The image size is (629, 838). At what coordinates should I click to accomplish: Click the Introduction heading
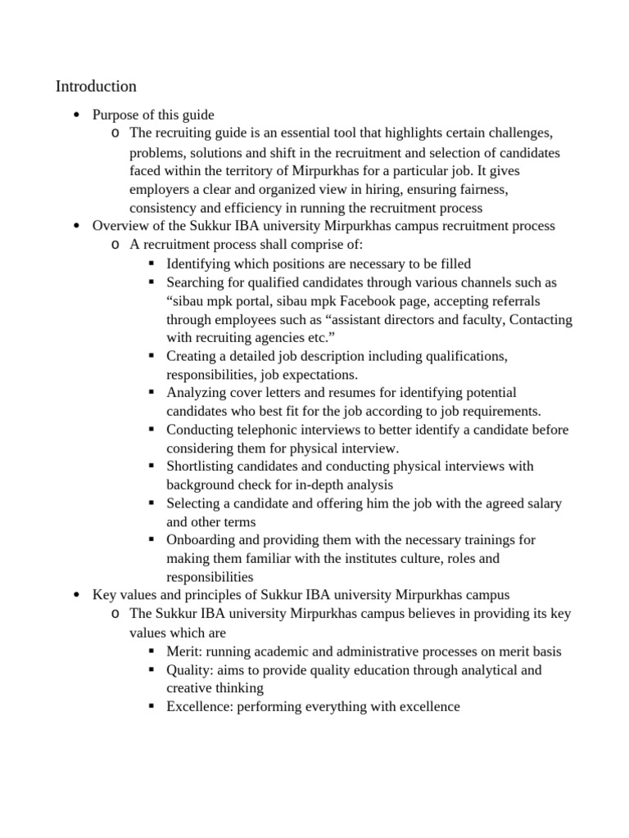[x=96, y=86]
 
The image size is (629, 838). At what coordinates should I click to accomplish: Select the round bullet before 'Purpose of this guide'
[x=75, y=115]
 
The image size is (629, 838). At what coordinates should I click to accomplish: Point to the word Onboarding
[x=201, y=540]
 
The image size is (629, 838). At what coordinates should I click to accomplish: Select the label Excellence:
[x=200, y=706]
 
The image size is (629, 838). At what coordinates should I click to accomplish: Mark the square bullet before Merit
[x=152, y=652]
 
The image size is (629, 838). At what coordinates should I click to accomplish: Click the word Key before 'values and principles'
[x=104, y=594]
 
